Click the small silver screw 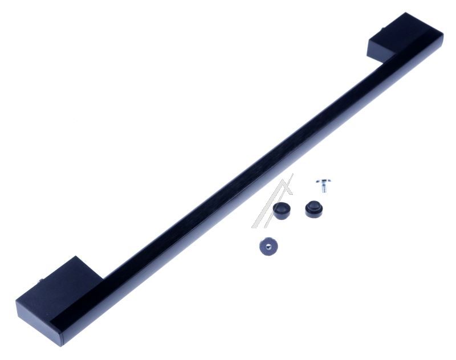tap(323, 185)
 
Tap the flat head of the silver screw tap(323, 182)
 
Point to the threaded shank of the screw tap(323, 187)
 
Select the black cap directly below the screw tap(312, 208)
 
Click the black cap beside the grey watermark tap(280, 210)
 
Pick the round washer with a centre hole tap(266, 247)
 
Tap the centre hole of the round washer tap(266, 246)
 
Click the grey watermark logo tap(272, 202)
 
